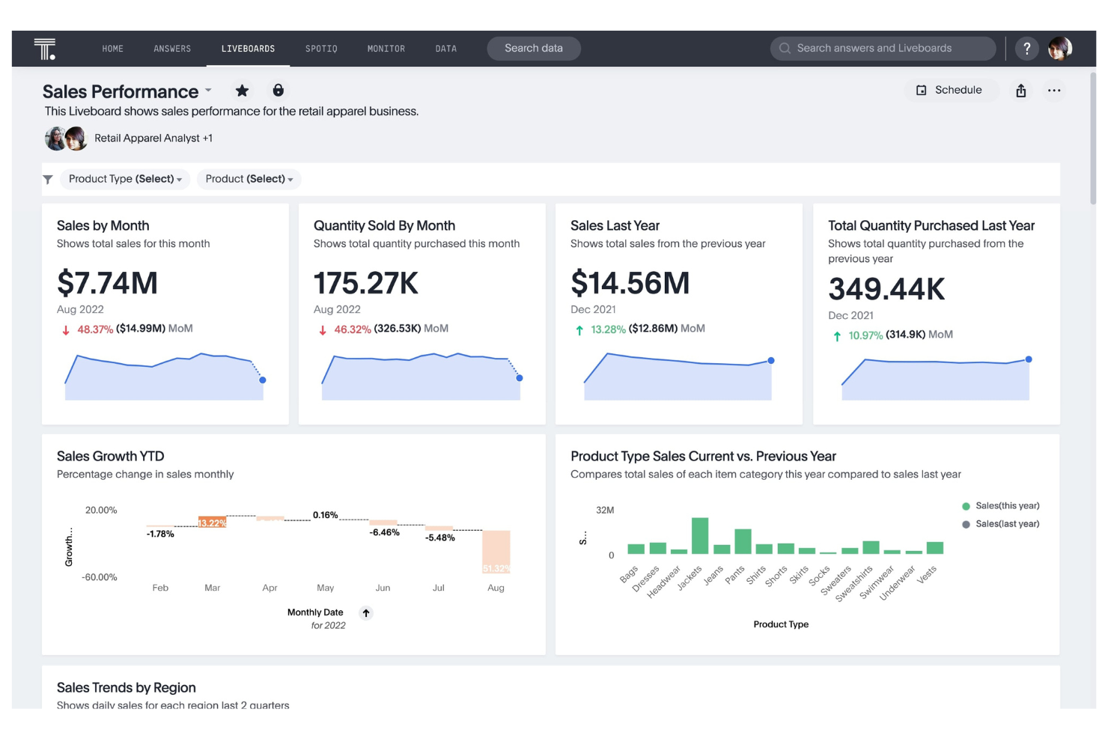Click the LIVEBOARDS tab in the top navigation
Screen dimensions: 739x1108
248,49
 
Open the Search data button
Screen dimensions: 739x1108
533,49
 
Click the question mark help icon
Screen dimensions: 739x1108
1026,49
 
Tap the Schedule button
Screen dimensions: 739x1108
949,91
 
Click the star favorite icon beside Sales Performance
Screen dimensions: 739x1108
242,91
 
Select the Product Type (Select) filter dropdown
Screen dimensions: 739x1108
124,179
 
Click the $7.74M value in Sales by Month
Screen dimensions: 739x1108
107,283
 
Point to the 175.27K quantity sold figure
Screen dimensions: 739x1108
365,283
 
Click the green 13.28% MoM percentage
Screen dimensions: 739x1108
607,329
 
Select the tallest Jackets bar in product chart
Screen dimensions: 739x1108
700,535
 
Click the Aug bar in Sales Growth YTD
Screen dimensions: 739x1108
496,552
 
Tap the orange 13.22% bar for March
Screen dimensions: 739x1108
212,523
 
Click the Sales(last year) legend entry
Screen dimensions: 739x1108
1006,524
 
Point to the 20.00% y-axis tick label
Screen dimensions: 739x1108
101,511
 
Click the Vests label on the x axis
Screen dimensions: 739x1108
927,575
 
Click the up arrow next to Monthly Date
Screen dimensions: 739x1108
366,613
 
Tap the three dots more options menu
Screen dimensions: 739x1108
1053,91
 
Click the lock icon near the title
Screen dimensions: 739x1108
278,91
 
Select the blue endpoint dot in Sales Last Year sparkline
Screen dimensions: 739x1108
770,361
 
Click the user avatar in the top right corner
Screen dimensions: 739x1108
1059,49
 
